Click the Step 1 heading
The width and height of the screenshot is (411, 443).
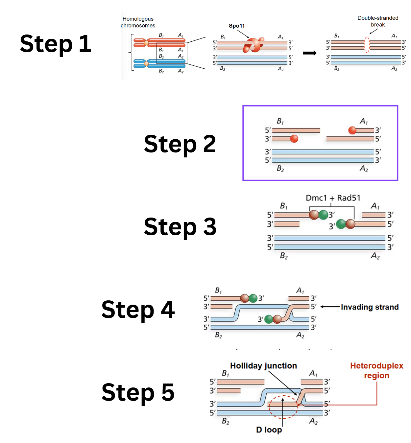tap(55, 44)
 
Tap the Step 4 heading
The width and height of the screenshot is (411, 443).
tap(138, 310)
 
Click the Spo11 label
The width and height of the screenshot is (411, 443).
tap(237, 26)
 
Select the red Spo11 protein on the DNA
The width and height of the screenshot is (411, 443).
tap(253, 45)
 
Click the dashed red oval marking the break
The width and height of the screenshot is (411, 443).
tap(367, 45)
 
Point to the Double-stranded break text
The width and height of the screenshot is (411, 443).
tap(378, 21)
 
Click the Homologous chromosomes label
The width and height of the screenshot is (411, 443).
tap(138, 22)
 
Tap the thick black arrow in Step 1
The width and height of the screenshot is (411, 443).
tap(309, 53)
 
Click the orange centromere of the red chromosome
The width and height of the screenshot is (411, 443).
tap(146, 43)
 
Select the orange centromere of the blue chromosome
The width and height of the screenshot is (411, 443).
tap(146, 63)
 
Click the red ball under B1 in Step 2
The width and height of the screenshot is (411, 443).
tap(294, 139)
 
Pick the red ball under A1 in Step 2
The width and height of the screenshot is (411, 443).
tap(352, 130)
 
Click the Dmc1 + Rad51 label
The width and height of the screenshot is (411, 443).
tap(333, 198)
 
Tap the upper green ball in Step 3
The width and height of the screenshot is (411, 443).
tap(323, 215)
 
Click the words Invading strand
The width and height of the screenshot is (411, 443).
tap(370, 307)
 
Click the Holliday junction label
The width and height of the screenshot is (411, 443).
tap(263, 366)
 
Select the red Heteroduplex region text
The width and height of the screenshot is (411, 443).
tap(376, 370)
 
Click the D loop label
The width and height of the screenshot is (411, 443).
tap(269, 430)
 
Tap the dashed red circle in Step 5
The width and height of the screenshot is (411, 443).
tap(283, 407)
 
